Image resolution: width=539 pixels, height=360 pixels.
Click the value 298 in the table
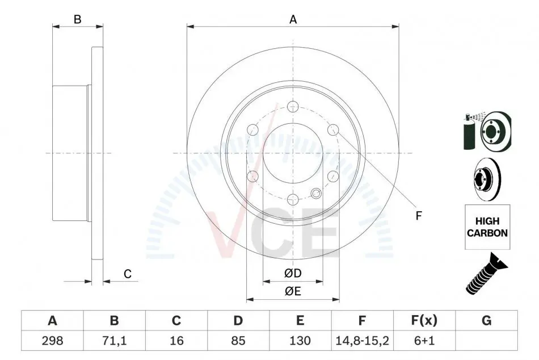(52, 340)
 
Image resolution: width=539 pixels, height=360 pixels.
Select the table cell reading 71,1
(114, 340)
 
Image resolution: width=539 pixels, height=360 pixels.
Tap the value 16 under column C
(176, 340)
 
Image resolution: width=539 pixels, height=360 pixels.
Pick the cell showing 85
(238, 340)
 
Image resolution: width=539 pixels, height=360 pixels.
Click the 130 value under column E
(300, 340)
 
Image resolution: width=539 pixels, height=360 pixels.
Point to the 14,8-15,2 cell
(362, 341)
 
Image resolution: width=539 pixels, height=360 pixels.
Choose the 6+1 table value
(424, 340)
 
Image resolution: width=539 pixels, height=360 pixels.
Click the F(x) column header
(424, 320)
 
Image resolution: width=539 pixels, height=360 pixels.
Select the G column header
(486, 320)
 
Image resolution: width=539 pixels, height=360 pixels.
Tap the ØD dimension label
(293, 273)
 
